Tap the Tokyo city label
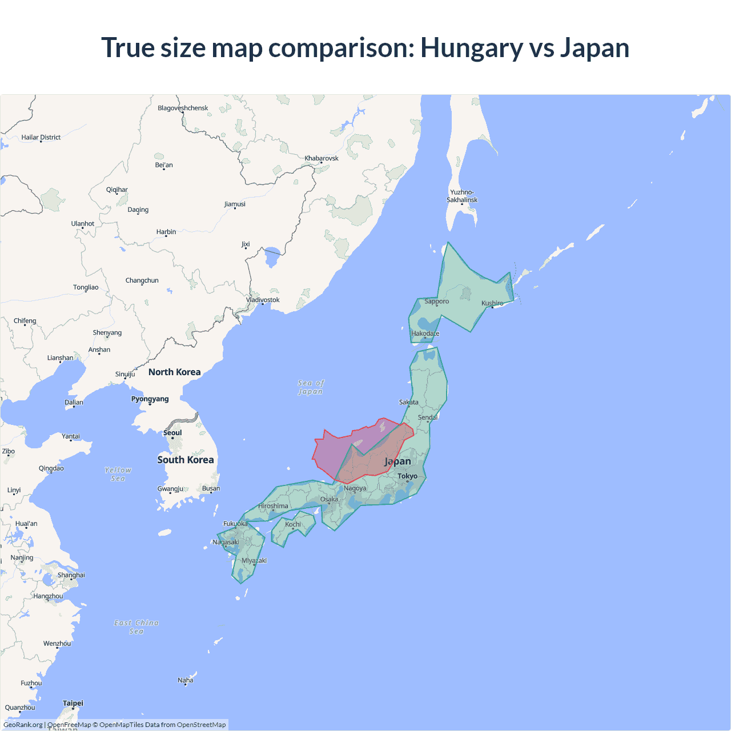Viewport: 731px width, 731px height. click(x=407, y=476)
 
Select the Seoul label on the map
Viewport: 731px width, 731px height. click(x=172, y=432)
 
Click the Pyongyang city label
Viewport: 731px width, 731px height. click(x=150, y=399)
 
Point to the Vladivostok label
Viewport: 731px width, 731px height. click(x=263, y=299)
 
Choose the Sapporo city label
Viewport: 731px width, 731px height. click(x=436, y=301)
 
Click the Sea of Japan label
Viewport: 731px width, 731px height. click(x=311, y=387)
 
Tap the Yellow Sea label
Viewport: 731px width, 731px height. click(x=118, y=474)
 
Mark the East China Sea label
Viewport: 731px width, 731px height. click(x=136, y=626)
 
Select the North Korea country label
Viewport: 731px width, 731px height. click(x=174, y=372)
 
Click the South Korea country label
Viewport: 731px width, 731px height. click(x=186, y=460)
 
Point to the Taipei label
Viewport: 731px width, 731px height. click(x=73, y=703)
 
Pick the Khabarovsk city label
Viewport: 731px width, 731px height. click(x=322, y=158)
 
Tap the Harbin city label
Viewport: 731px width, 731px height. click(x=166, y=231)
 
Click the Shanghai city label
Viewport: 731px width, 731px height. click(x=71, y=575)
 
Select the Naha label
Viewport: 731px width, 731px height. click(x=186, y=680)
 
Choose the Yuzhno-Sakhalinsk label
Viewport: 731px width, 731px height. click(x=462, y=196)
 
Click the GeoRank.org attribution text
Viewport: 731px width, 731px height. click(x=23, y=725)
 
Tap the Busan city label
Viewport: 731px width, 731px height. click(x=211, y=488)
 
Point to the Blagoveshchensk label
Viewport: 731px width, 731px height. click(x=183, y=108)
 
